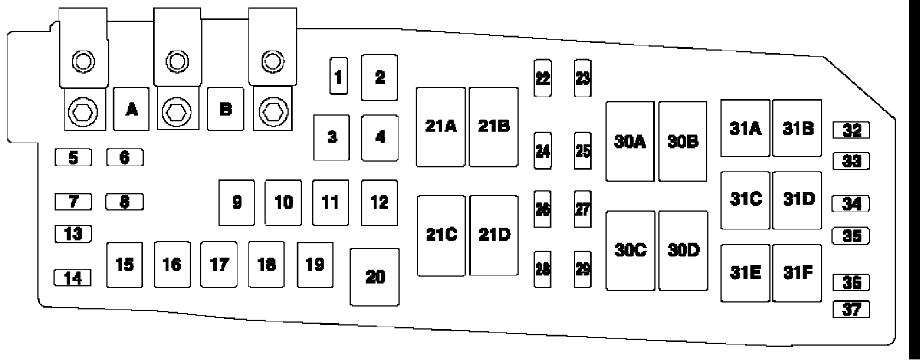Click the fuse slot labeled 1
click(338, 76)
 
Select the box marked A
click(132, 109)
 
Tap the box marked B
click(225, 109)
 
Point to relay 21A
click(440, 127)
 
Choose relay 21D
click(494, 235)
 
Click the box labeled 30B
click(683, 141)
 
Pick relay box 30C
click(630, 250)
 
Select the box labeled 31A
click(745, 128)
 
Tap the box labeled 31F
click(798, 273)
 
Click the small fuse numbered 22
click(542, 78)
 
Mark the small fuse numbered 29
click(582, 269)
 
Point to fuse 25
click(582, 151)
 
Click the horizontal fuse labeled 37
click(851, 309)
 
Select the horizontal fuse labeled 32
click(851, 131)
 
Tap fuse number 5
click(73, 157)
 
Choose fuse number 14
click(72, 278)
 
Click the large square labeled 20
click(375, 277)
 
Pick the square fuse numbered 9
click(237, 202)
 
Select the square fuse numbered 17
click(219, 265)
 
